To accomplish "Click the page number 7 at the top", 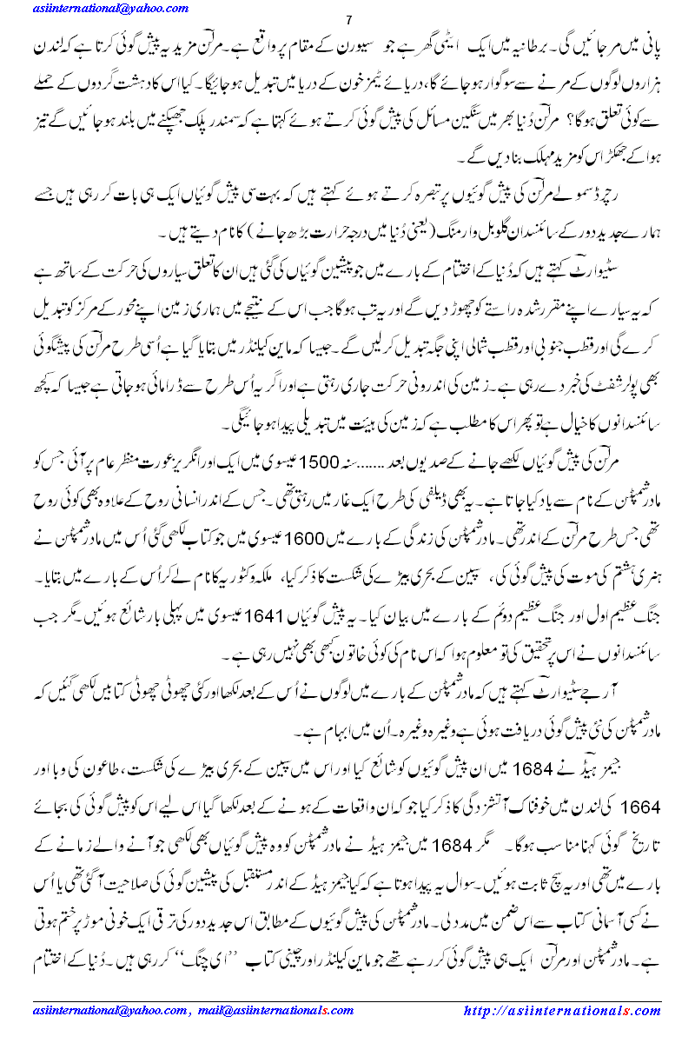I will point(347,21).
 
